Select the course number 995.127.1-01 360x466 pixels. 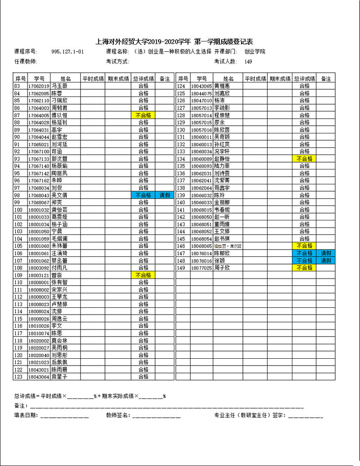(x=68, y=52)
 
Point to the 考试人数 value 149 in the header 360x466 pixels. (x=248, y=62)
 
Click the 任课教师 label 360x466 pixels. (x=25, y=62)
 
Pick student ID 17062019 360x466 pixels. (x=38, y=86)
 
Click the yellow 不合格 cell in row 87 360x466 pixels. (x=143, y=115)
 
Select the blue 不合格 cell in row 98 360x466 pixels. (x=143, y=196)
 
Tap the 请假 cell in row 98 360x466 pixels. (x=165, y=196)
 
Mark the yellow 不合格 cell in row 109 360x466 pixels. (x=143, y=275)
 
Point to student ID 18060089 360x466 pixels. (x=201, y=159)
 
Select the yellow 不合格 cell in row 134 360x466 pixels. (x=305, y=159)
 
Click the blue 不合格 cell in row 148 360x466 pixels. (x=305, y=260)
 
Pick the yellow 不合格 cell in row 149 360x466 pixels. (x=305, y=268)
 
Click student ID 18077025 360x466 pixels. (x=201, y=268)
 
